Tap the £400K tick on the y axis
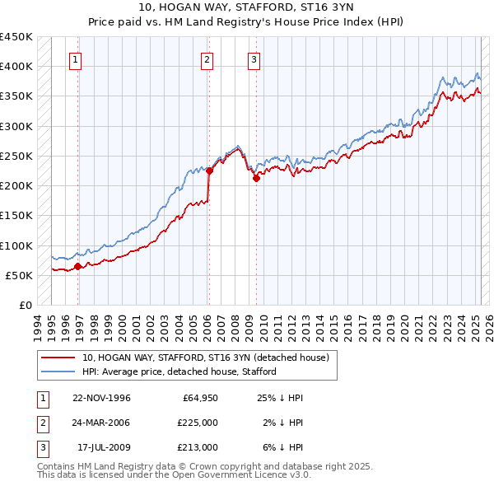coord(16,67)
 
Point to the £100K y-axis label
coord(16,245)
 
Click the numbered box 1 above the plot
coord(75,59)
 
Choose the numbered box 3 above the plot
coord(254,59)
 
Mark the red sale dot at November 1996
coord(78,266)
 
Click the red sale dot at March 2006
coord(209,171)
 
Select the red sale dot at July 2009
coord(256,178)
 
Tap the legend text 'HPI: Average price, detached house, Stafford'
coord(179,372)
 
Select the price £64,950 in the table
coord(200,398)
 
